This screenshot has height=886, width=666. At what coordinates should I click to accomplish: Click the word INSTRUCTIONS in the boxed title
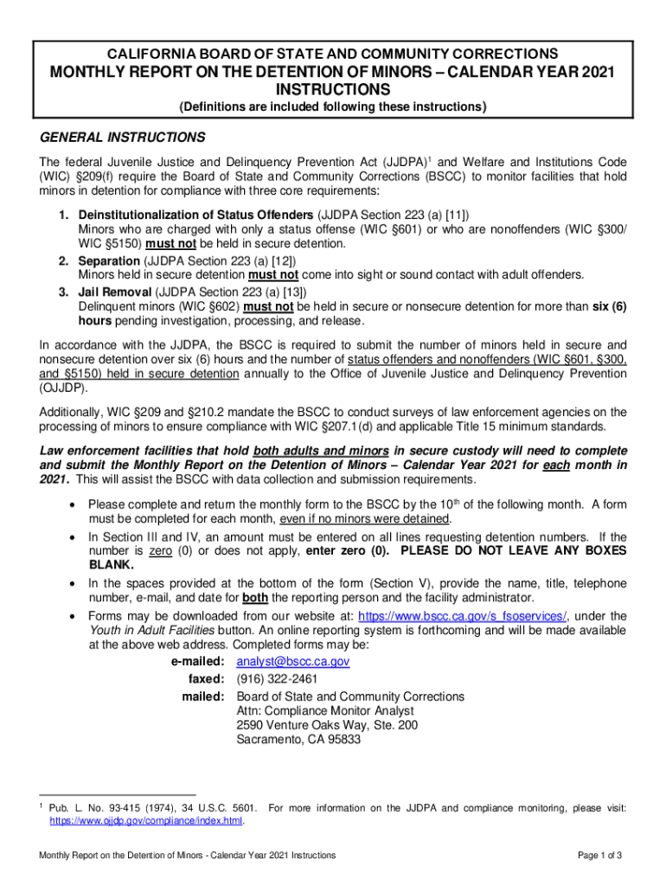pyautogui.click(x=332, y=90)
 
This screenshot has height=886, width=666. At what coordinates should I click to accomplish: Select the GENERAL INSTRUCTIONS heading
pyautogui.click(x=123, y=138)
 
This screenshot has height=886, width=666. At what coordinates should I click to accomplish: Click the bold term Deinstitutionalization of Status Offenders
pyautogui.click(x=196, y=215)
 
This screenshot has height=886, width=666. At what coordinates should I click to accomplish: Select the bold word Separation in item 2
pyautogui.click(x=109, y=261)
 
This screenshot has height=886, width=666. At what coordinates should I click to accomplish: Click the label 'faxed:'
pyautogui.click(x=207, y=679)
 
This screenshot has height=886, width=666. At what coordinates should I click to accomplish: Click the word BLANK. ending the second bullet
pyautogui.click(x=112, y=565)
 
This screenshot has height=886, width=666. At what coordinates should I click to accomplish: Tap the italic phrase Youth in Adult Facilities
pyautogui.click(x=154, y=630)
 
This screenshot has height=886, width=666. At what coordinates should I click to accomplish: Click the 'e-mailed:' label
pyautogui.click(x=199, y=662)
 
